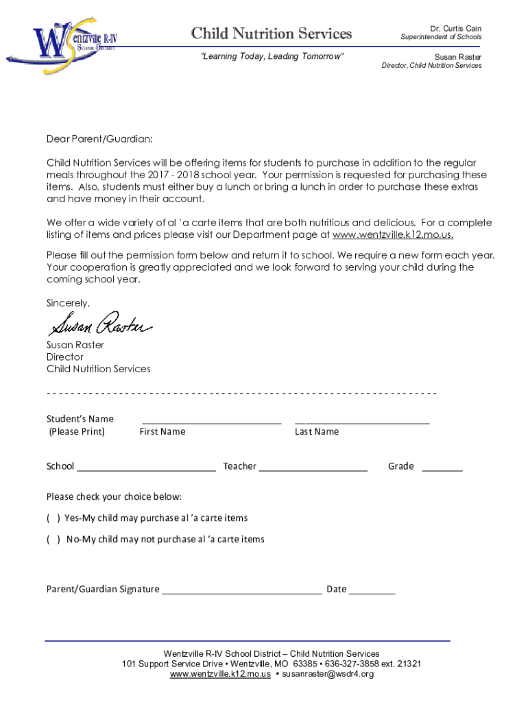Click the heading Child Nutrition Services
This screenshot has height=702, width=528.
coord(271,34)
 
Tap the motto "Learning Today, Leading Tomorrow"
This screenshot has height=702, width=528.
coord(272,56)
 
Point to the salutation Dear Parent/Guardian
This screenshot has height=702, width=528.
coord(99,140)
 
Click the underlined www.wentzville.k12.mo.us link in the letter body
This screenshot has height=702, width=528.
coord(392,234)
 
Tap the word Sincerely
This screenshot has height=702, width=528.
coord(68,302)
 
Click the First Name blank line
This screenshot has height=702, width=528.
coord(211,422)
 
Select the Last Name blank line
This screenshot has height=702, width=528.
coord(361,422)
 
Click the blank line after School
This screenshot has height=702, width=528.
coord(146,470)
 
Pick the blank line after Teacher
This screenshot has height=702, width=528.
coord(313,470)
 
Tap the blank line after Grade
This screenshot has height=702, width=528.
coord(442,470)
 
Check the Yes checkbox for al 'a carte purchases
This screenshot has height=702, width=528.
coord(53,518)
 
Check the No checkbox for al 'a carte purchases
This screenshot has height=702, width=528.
coord(53,540)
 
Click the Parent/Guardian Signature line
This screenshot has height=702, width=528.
coord(241,592)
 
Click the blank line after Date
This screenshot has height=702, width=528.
coord(372,592)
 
